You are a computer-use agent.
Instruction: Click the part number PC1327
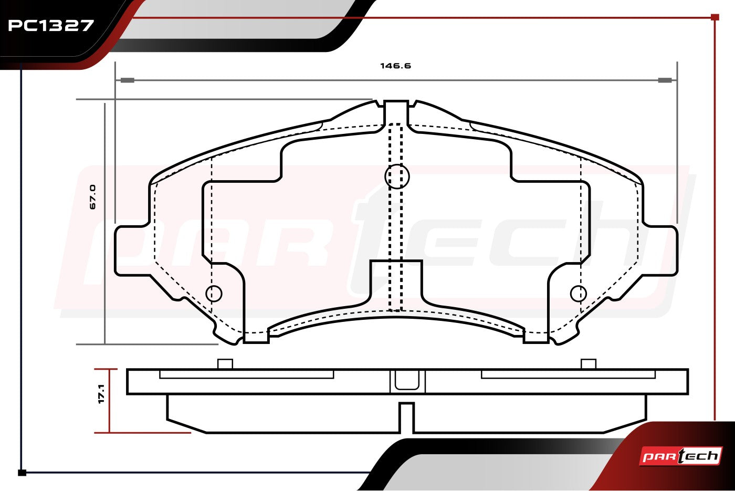click(51, 26)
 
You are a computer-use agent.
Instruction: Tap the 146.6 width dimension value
click(395, 66)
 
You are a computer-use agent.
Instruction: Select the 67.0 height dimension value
click(93, 197)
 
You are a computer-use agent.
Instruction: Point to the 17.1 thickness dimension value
click(101, 393)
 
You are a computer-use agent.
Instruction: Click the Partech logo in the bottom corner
click(680, 456)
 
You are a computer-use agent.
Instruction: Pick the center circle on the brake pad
click(397, 176)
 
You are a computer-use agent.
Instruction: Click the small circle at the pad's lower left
click(214, 294)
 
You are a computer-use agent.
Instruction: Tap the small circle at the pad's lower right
click(579, 294)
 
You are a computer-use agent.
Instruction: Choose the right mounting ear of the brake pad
click(660, 250)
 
